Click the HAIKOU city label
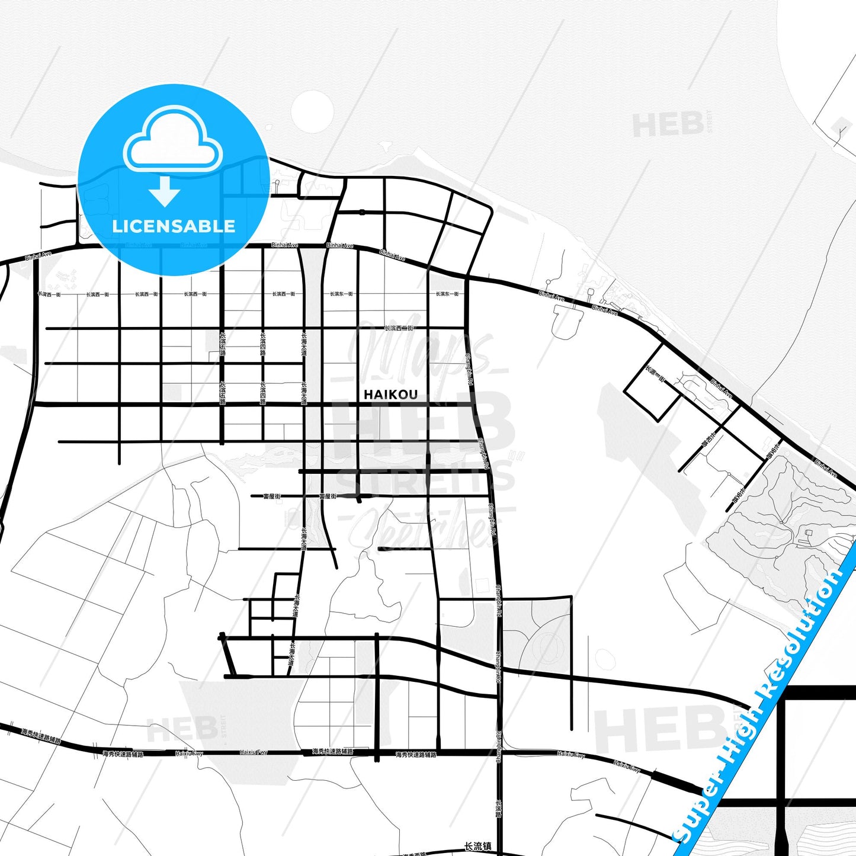click(x=390, y=395)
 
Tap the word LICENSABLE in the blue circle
click(x=174, y=226)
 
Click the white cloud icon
click(x=172, y=140)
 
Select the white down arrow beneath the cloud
click(x=165, y=191)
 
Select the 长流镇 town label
click(x=478, y=847)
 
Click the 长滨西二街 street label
click(x=399, y=328)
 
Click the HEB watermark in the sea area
click(x=668, y=124)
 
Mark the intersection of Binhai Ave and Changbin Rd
click(x=467, y=277)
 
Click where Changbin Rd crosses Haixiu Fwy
click(x=499, y=753)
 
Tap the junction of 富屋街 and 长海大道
click(x=303, y=496)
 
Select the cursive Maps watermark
click(x=421, y=350)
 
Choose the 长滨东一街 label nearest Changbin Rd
click(x=447, y=294)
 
